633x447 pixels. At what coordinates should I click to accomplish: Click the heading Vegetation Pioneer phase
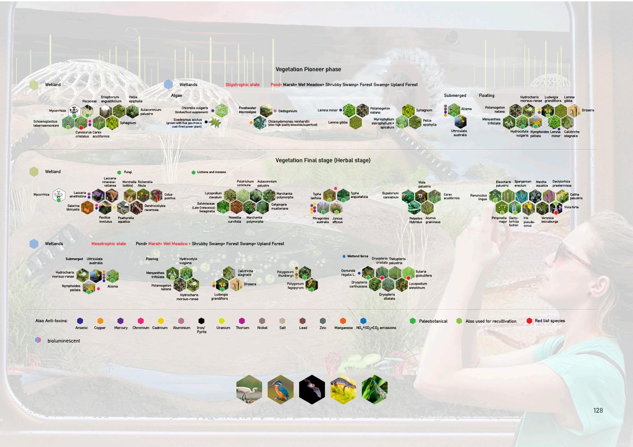(x=308, y=69)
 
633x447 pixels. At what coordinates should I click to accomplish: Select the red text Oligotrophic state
(x=242, y=85)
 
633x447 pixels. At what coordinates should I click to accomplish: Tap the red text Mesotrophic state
(x=108, y=244)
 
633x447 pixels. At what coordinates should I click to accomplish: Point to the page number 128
(x=598, y=411)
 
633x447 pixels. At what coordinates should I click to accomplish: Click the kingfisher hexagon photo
(x=280, y=389)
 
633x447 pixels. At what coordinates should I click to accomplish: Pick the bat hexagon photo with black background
(x=312, y=389)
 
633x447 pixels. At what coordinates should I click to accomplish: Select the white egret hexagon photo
(x=249, y=389)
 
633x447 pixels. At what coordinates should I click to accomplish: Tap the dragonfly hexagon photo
(x=374, y=389)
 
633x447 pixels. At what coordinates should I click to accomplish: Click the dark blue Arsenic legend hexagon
(x=80, y=321)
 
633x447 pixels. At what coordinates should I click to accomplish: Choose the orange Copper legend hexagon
(x=100, y=321)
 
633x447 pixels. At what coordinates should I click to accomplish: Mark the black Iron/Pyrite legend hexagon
(x=201, y=321)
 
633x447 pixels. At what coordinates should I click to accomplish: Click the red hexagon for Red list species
(x=529, y=321)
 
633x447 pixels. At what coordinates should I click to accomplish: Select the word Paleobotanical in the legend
(x=433, y=321)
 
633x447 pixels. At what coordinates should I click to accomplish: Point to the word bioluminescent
(x=64, y=341)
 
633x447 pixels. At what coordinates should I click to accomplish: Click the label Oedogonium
(x=287, y=111)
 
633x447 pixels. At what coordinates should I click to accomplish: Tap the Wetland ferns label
(x=357, y=256)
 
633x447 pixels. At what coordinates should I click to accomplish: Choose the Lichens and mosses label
(x=211, y=172)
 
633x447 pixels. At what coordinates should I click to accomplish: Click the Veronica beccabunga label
(x=550, y=220)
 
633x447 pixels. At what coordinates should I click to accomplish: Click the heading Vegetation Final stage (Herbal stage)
(x=323, y=160)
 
